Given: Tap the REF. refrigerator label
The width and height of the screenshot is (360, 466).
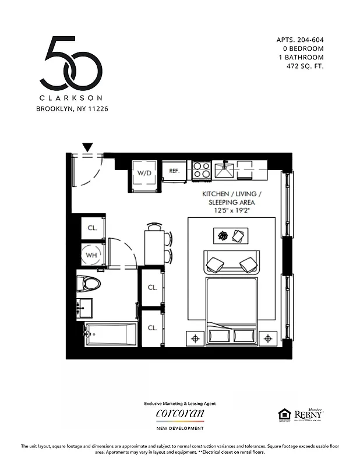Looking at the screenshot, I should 174,171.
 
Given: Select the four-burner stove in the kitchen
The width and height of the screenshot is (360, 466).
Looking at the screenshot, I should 201,170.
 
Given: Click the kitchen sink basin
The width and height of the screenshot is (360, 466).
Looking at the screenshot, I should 224,171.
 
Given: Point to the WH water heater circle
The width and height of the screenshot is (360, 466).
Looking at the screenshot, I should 91,255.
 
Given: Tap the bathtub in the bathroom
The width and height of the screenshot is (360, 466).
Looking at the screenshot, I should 111,334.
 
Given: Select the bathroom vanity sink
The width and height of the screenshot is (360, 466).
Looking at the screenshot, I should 85,306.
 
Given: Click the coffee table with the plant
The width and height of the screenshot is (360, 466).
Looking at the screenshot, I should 231,235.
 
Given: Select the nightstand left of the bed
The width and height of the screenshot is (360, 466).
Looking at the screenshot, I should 195,338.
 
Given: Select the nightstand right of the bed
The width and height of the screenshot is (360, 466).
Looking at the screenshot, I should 269,338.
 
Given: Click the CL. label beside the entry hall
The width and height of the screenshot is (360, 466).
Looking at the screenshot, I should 91,228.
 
